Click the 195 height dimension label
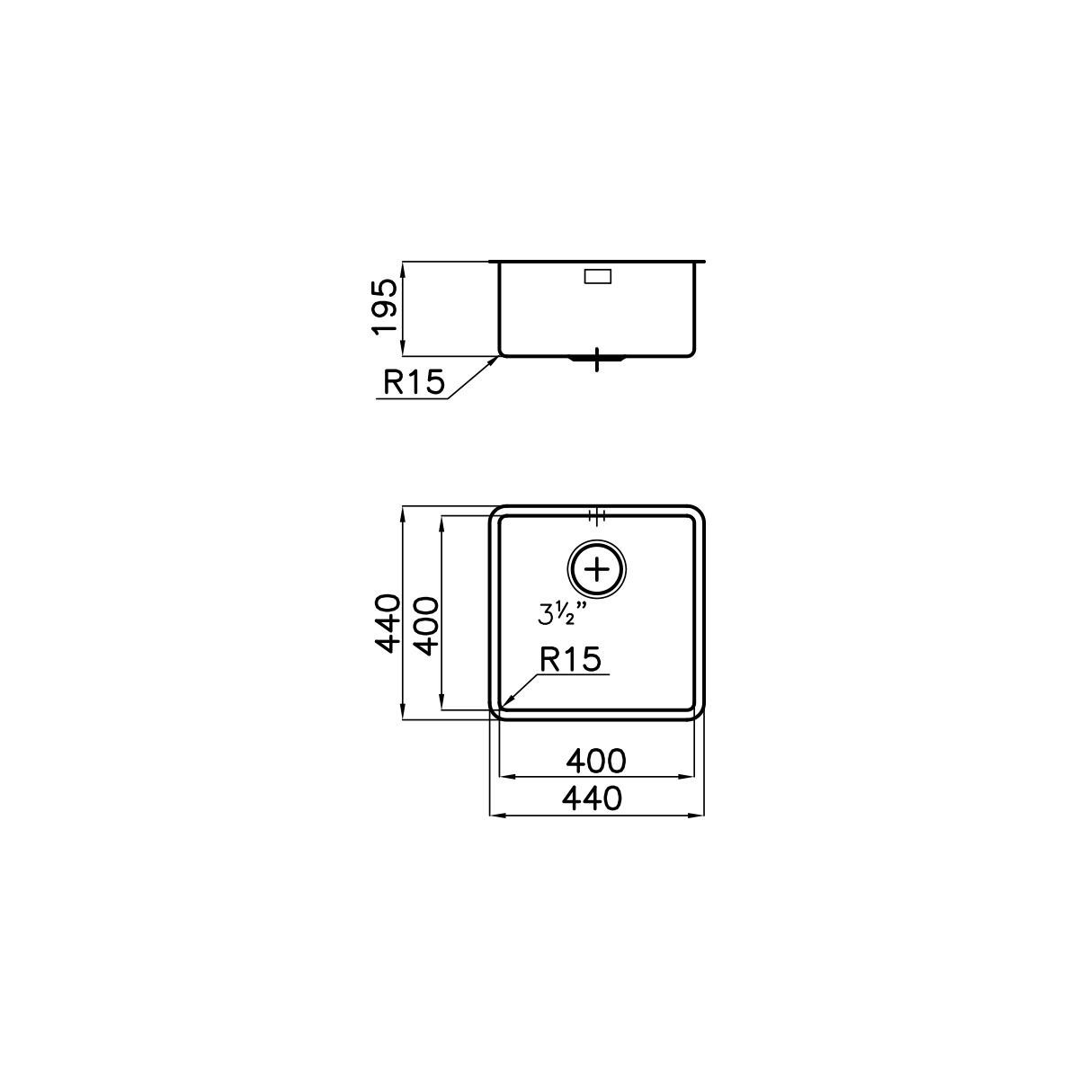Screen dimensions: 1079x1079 [x=385, y=308]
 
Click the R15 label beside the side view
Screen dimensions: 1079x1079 [x=414, y=382]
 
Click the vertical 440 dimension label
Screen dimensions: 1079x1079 [x=388, y=624]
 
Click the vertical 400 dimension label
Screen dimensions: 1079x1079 [x=428, y=626]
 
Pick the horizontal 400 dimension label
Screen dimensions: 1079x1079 [x=596, y=761]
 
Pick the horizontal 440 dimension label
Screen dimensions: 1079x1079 [x=592, y=798]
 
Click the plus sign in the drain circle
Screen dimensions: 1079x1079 [x=597, y=570]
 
